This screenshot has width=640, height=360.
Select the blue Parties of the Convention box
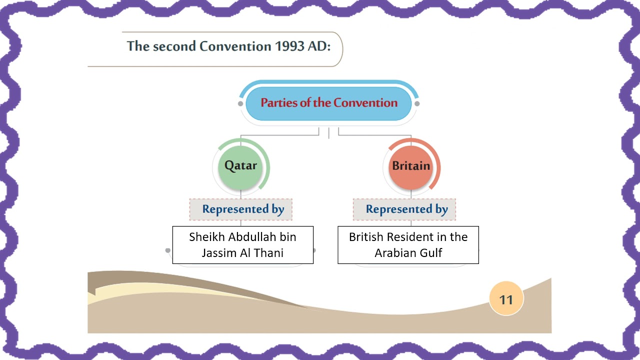[328, 103]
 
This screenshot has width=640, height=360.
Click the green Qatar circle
[240, 166]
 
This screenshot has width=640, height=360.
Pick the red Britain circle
[410, 166]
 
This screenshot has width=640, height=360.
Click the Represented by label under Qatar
[243, 209]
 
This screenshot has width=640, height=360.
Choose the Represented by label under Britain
[406, 209]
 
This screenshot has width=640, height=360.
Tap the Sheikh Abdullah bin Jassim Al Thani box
[242, 244]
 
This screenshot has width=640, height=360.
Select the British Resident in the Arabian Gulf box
[408, 244]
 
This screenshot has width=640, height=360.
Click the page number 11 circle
[506, 299]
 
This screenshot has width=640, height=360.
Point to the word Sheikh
[206, 237]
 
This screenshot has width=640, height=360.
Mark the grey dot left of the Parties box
[240, 103]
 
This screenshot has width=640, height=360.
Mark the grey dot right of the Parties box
[417, 103]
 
